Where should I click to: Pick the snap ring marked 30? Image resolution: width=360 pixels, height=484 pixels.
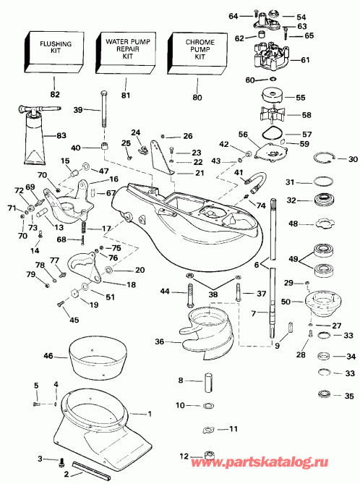pos(326,159)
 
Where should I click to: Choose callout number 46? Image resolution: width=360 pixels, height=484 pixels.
pos(49,356)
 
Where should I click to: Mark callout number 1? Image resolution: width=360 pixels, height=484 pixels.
pos(150,415)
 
